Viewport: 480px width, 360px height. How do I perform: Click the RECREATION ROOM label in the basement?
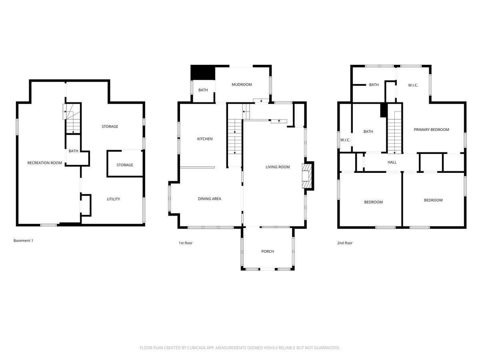[44, 163]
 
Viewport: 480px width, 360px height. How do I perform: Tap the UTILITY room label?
[113, 199]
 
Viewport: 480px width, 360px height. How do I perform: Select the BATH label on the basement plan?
[73, 151]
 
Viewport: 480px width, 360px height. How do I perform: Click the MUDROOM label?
[242, 84]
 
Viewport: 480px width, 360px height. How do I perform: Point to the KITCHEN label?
[205, 139]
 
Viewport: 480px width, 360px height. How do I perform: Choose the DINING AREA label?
[209, 199]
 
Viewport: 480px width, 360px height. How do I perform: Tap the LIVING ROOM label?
[278, 167]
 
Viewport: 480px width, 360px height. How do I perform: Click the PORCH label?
[268, 251]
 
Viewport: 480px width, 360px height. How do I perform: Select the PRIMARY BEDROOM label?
[431, 130]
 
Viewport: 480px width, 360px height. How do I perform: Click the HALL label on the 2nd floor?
[392, 162]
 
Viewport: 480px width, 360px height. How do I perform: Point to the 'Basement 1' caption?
[23, 241]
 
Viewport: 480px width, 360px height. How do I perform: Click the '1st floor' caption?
[186, 243]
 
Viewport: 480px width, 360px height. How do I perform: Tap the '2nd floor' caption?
[345, 243]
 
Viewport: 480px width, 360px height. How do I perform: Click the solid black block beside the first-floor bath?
[203, 72]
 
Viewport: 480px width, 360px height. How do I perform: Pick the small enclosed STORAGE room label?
[125, 165]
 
